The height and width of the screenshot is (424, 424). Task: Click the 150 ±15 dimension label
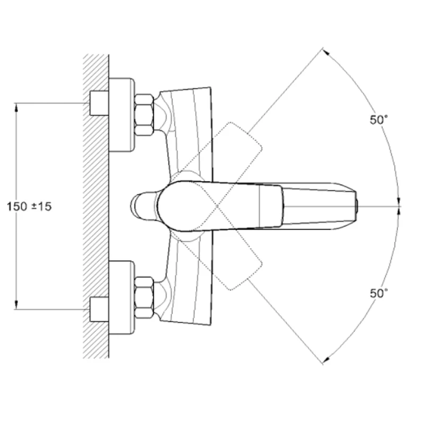click(x=29, y=207)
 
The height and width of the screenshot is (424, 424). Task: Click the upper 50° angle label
click(x=378, y=120)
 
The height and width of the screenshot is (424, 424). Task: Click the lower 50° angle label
click(x=378, y=293)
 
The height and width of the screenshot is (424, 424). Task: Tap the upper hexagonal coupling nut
click(x=144, y=114)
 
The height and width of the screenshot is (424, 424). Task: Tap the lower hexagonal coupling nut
click(x=144, y=297)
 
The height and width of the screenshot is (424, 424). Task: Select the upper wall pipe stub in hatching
click(x=99, y=103)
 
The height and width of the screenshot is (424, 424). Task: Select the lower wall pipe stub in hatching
click(x=99, y=310)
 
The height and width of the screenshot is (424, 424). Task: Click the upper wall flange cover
click(x=122, y=114)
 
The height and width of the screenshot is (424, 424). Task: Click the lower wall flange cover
click(x=122, y=297)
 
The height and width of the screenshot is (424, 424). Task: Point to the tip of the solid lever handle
click(x=356, y=206)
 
